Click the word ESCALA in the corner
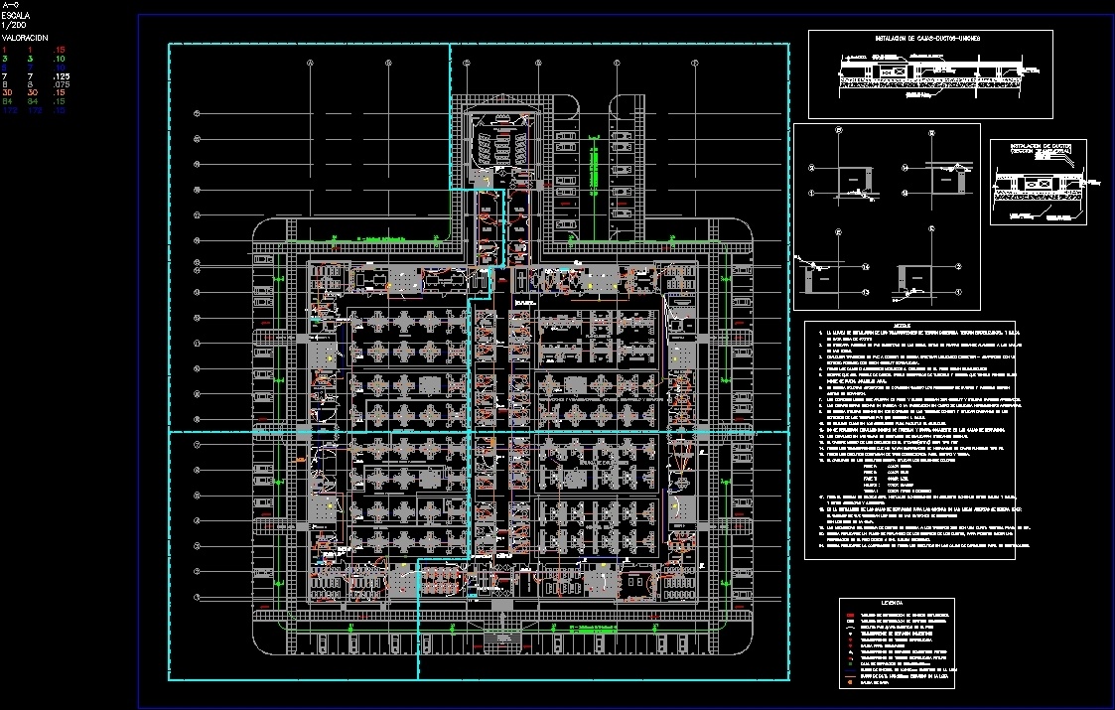pyautogui.click(x=16, y=17)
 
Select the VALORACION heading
pyautogui.click(x=26, y=37)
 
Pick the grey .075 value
pyautogui.click(x=62, y=84)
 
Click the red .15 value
pyautogui.click(x=61, y=49)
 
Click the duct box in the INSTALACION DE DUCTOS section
pyautogui.click(x=1039, y=184)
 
